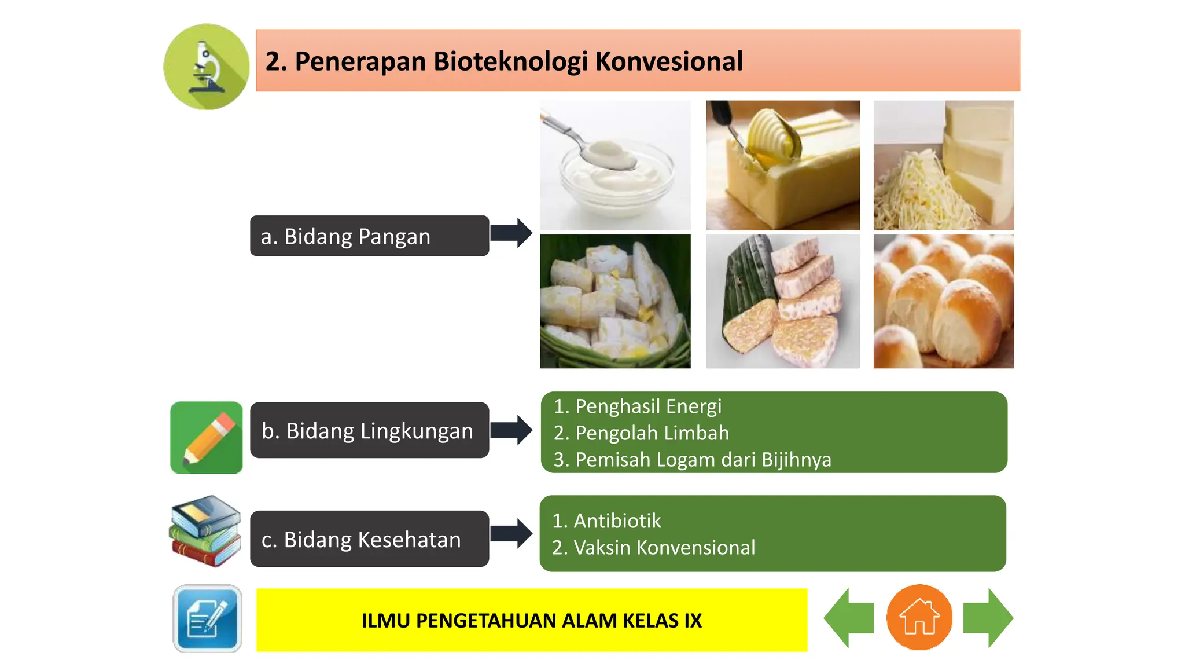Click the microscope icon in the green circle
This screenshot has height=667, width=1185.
tap(207, 67)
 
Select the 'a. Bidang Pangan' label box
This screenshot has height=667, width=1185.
tap(369, 236)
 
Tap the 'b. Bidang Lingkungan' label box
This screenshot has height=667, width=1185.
tap(369, 431)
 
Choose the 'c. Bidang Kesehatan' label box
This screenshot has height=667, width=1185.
tap(369, 539)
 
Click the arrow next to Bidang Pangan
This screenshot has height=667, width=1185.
tap(511, 233)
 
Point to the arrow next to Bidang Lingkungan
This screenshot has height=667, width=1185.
tap(511, 430)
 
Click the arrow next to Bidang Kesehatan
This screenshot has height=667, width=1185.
tap(511, 534)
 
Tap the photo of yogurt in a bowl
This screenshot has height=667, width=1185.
tap(615, 166)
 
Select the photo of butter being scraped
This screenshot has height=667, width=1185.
tap(783, 166)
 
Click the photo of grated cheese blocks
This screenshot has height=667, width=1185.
tap(943, 166)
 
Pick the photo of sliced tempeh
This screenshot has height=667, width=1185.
tap(783, 302)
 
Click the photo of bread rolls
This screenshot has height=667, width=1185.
tap(943, 302)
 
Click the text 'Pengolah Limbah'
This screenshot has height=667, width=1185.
tap(652, 433)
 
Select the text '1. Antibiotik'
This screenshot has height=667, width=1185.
tap(606, 521)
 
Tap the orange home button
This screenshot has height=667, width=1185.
tap(919, 618)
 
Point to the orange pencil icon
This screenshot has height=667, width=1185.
tap(207, 438)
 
